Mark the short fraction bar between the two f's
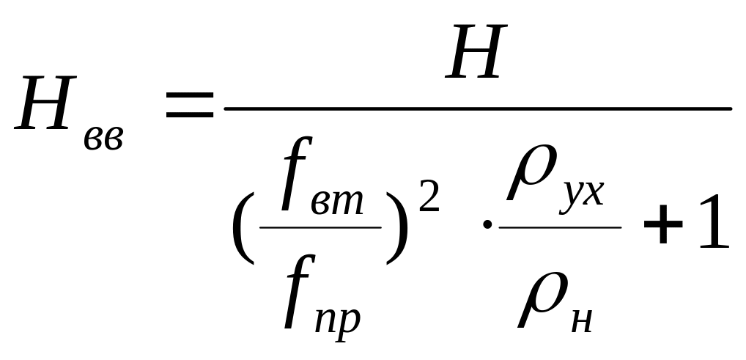click(320, 227)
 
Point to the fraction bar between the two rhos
click(560, 227)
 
